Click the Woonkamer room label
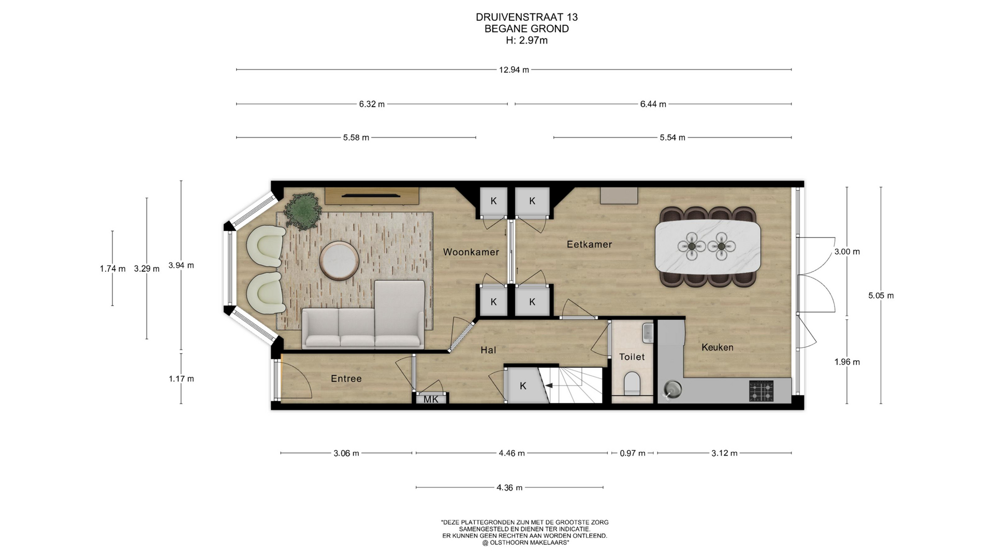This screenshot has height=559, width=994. pyautogui.click(x=471, y=252)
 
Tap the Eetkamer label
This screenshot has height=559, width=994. pyautogui.click(x=589, y=244)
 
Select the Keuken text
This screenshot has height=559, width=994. pyautogui.click(x=717, y=347)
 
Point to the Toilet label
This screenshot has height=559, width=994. pyautogui.click(x=632, y=357)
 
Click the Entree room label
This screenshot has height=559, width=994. pyautogui.click(x=346, y=378)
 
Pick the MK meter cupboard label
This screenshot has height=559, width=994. pyautogui.click(x=431, y=399)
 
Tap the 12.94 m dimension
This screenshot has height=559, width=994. pyautogui.click(x=514, y=69)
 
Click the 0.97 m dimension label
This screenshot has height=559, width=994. pyautogui.click(x=633, y=453)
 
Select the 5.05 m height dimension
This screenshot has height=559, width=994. pyautogui.click(x=881, y=296)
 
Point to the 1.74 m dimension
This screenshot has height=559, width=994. pyautogui.click(x=112, y=269)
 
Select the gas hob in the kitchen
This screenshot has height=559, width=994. pyautogui.click(x=761, y=391)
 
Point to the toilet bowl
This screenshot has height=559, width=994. pyautogui.click(x=632, y=383)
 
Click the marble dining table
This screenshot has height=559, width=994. pyautogui.click(x=707, y=247)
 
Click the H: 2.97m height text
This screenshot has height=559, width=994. pyautogui.click(x=527, y=40)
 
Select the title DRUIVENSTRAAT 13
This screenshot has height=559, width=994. pyautogui.click(x=527, y=17)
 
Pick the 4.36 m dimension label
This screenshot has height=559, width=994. pyautogui.click(x=509, y=488)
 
